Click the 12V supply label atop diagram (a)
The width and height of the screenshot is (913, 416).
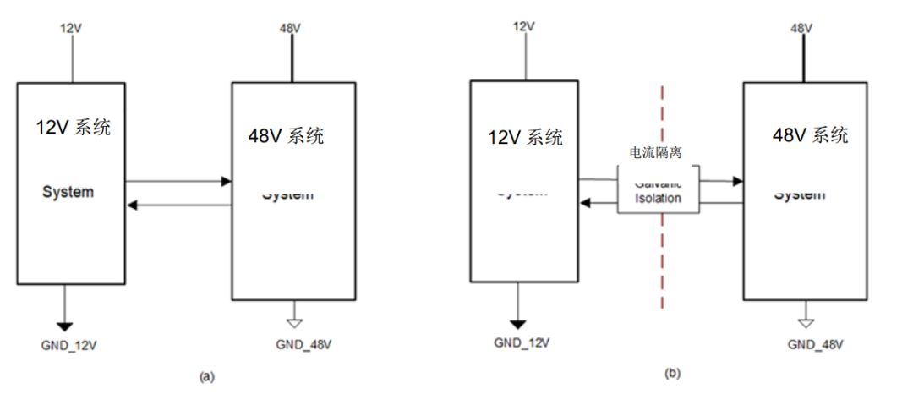pos(72,27)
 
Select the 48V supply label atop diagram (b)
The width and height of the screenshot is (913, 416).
pos(801,27)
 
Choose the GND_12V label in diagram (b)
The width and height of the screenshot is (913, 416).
pos(522,342)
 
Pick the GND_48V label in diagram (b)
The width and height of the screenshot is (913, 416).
pos(815,344)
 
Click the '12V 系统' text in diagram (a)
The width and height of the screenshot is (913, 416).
pos(73,129)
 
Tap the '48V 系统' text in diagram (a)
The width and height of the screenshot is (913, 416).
pos(286,136)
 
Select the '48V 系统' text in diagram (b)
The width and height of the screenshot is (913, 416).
pos(811,135)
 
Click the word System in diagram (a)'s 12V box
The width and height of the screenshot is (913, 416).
pos(68,192)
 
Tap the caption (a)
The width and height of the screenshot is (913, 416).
pos(205,378)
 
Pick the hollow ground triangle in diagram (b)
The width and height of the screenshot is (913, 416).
pos(806,322)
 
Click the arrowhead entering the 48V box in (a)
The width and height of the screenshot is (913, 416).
pos(226,181)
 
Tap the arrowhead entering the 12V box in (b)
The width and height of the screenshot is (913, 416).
pos(583,203)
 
